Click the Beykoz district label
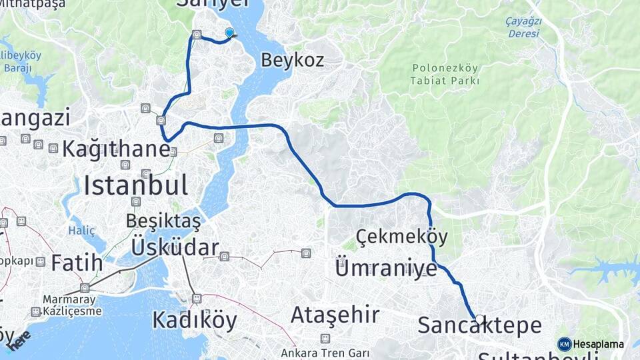292,61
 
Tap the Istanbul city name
135,185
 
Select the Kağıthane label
116,149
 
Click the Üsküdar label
175,248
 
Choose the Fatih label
77,263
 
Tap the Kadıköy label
194,321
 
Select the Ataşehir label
335,314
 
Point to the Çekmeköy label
401,237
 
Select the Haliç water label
81,231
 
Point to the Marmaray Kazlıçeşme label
72,305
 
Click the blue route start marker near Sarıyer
230,33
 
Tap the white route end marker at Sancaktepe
479,319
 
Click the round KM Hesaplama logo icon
565,344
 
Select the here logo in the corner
19,339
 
